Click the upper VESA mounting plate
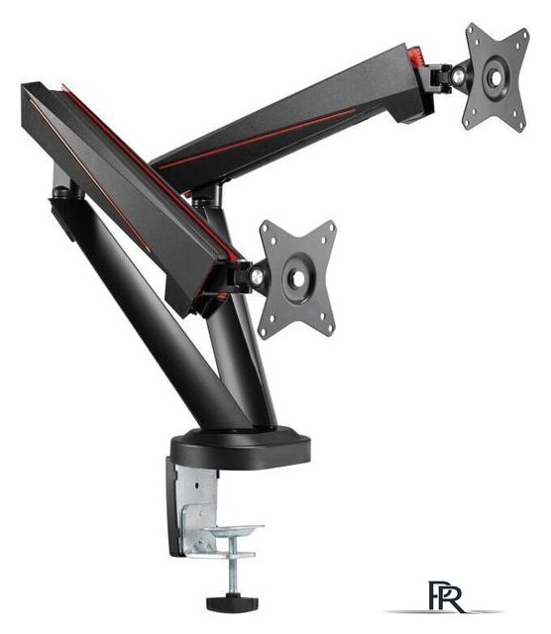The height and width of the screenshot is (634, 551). (x=496, y=77)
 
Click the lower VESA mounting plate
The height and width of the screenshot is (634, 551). (x=297, y=278)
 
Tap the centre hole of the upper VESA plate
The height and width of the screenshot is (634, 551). (x=496, y=77)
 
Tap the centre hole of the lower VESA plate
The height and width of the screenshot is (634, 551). (x=298, y=278)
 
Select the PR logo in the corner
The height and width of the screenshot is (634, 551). (x=446, y=596)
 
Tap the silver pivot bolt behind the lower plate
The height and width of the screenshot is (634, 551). (x=257, y=276)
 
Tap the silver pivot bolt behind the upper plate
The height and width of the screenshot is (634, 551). (x=459, y=77)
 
